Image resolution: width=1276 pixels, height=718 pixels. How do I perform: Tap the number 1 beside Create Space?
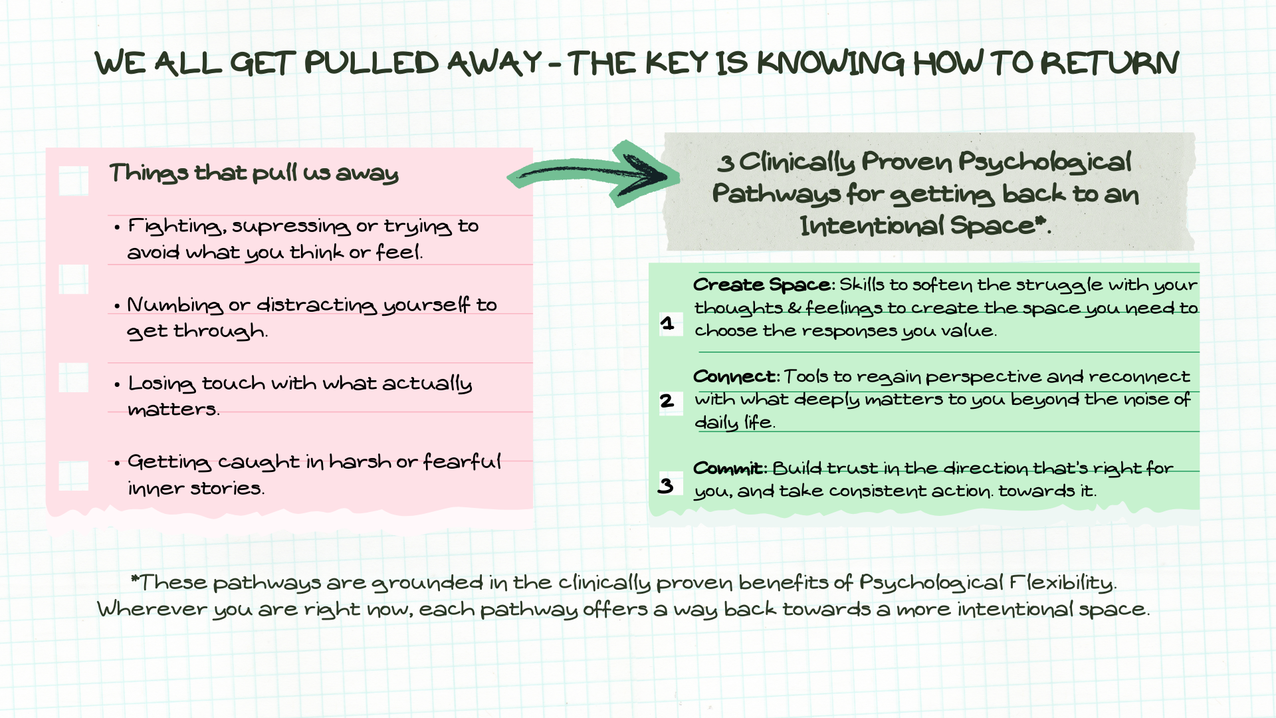pos(668,324)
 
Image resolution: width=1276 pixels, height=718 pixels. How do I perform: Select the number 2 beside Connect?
pos(667,401)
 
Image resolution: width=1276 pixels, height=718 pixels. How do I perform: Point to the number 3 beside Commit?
pos(666,485)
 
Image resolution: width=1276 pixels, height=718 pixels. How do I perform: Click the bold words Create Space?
pos(762,285)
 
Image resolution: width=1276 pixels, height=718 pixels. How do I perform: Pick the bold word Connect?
pos(735,377)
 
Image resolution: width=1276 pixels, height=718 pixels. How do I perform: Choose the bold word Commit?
pos(728,469)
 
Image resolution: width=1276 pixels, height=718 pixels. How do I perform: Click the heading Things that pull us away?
pos(254,174)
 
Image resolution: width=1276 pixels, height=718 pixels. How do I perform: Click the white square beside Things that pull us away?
pos(74,180)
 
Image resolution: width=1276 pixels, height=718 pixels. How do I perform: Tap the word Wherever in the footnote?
pos(152,610)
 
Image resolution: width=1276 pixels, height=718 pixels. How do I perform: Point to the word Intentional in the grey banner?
pos(871,227)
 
